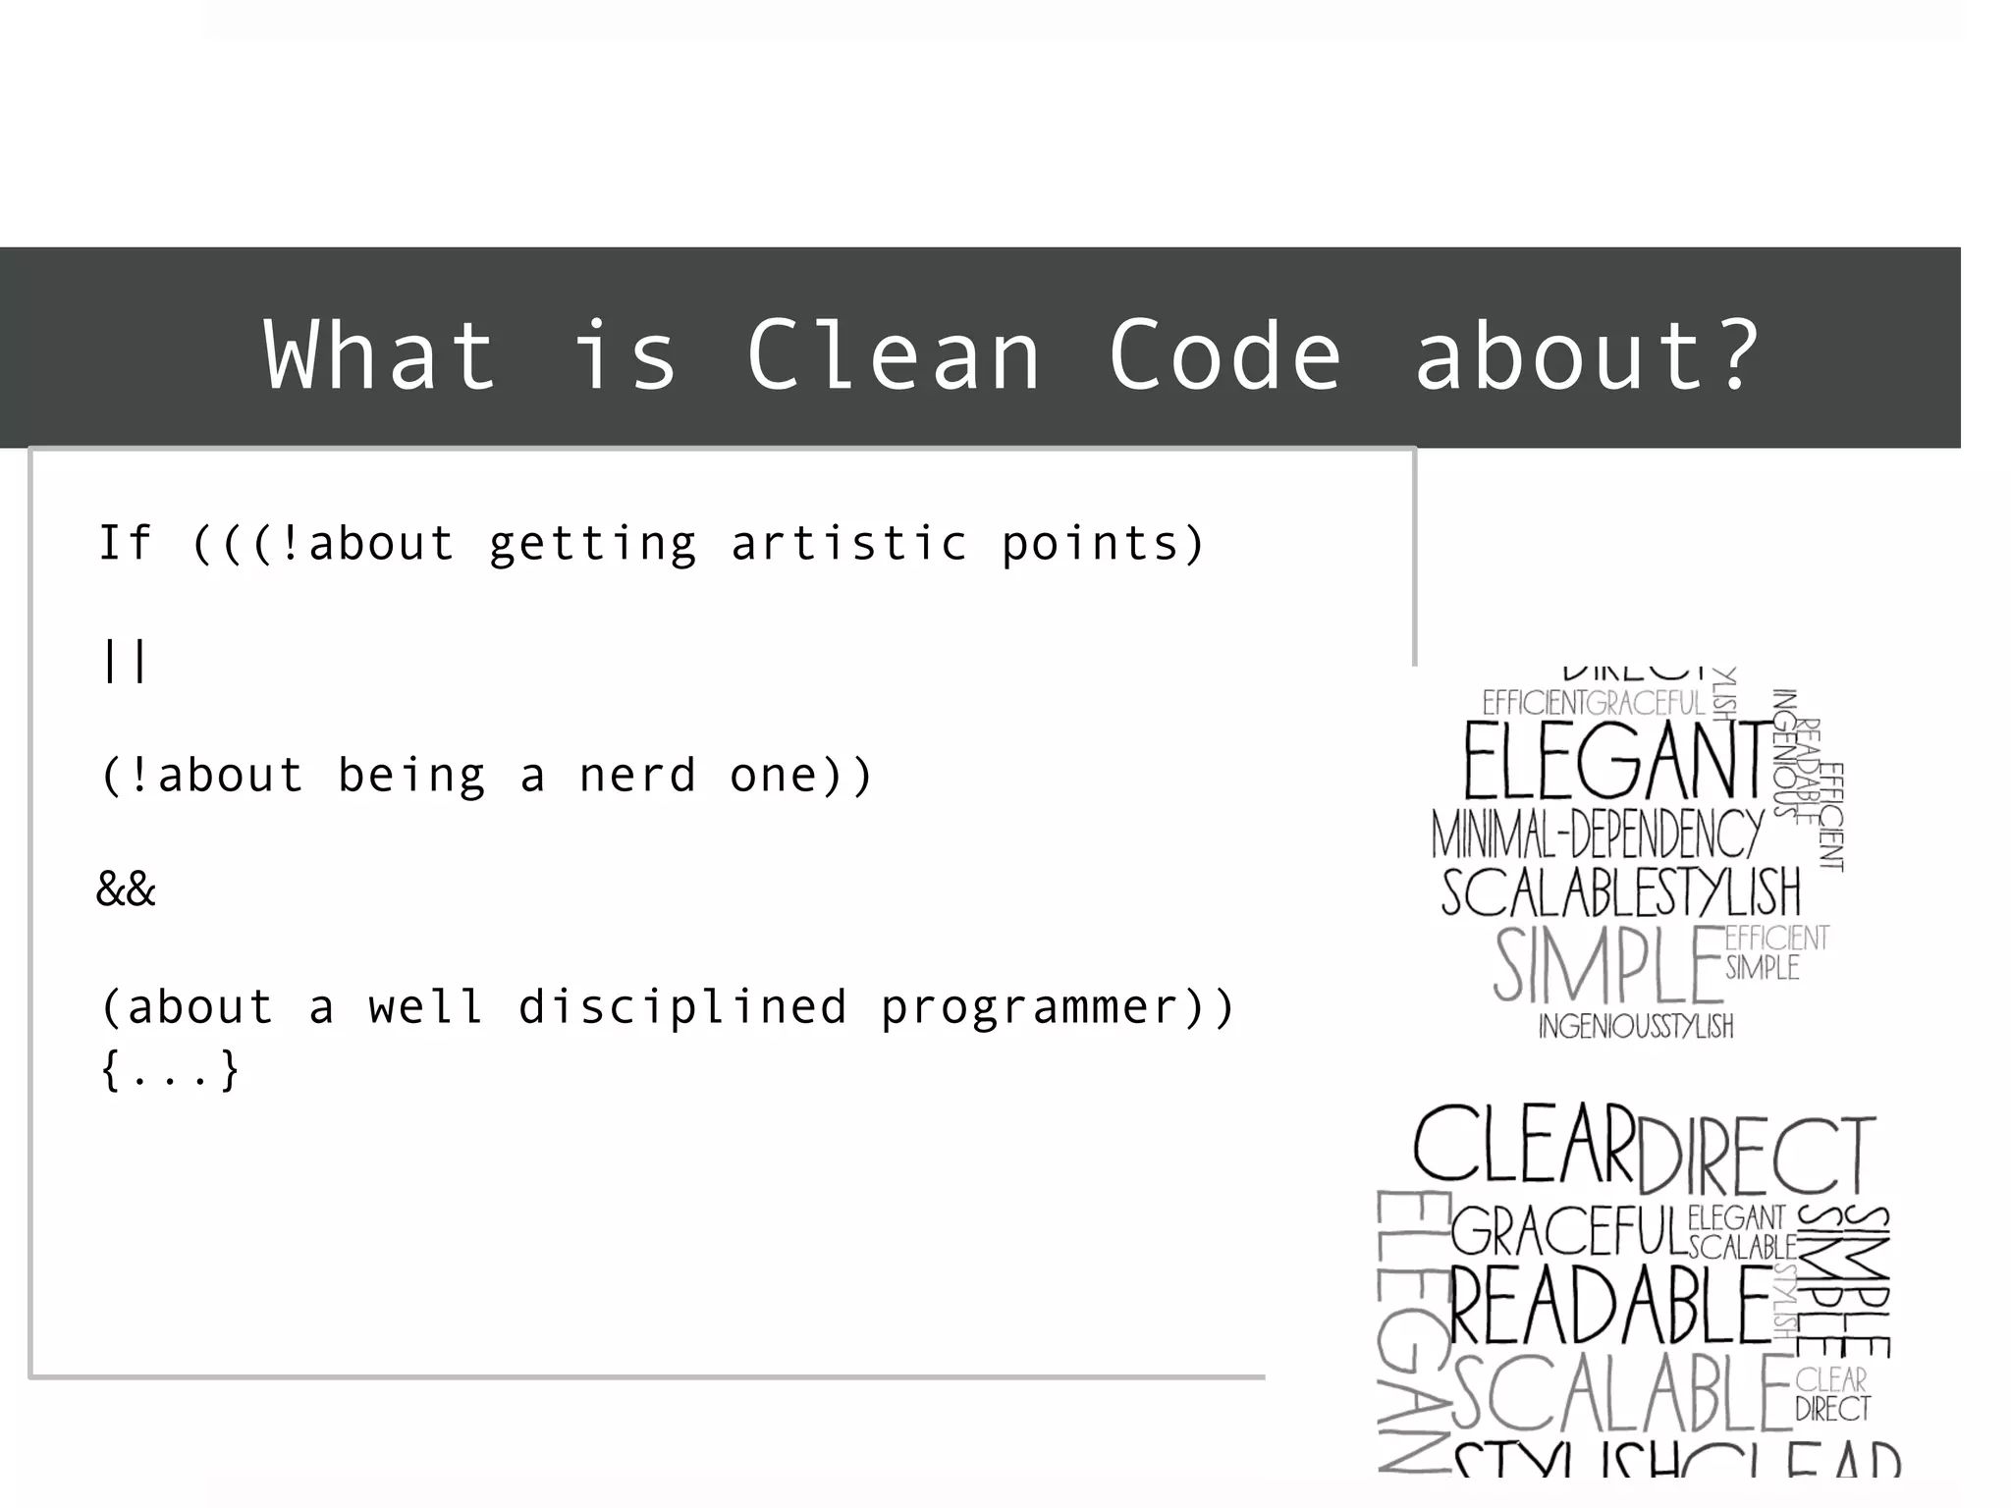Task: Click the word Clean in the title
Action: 894,354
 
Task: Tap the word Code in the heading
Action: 1224,354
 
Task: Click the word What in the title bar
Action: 381,354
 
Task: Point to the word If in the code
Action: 126,543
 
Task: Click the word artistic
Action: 849,543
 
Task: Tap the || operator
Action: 125,660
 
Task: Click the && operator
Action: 126,889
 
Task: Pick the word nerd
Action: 637,776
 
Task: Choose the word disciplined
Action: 682,1007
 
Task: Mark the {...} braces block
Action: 170,1070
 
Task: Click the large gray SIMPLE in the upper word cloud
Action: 1607,965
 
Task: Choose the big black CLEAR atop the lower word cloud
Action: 1524,1146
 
